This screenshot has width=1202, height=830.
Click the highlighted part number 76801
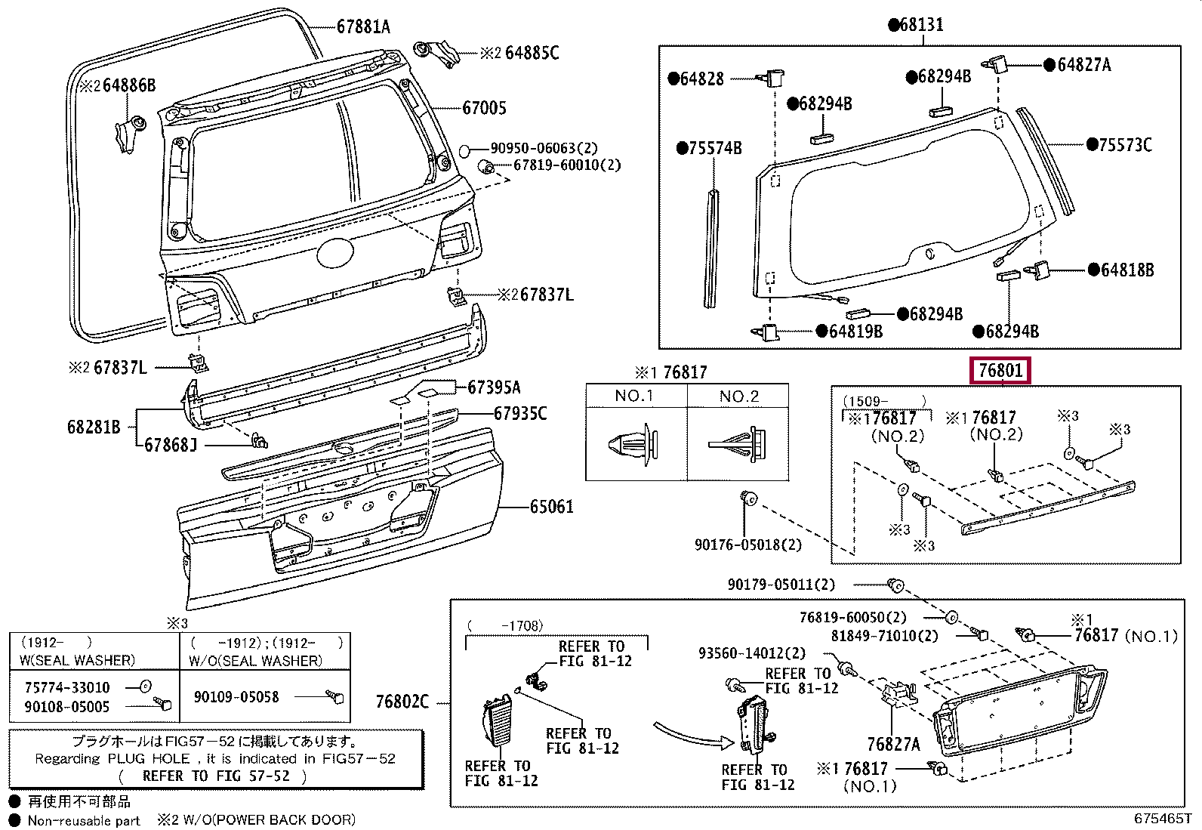click(x=1000, y=370)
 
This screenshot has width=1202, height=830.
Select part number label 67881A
click(x=363, y=26)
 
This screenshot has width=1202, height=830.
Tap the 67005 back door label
click(x=484, y=108)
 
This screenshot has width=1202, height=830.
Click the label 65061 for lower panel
click(x=552, y=506)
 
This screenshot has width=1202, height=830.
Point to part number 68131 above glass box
click(x=922, y=24)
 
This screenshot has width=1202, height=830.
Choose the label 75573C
click(x=1125, y=145)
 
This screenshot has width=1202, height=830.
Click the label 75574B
click(x=715, y=148)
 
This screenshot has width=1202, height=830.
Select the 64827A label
click(x=1084, y=65)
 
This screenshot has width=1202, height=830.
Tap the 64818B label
click(x=1126, y=270)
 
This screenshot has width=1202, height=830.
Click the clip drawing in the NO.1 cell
click(x=633, y=445)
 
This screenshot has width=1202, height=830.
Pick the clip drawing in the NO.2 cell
click(x=738, y=445)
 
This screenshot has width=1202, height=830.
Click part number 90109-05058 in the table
click(x=236, y=697)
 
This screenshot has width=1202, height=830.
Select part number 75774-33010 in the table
click(x=67, y=687)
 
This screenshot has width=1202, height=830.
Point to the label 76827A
click(x=893, y=745)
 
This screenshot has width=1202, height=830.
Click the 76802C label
click(x=402, y=702)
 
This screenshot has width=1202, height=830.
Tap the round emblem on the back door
click(x=335, y=254)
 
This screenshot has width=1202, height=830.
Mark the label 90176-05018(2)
click(x=748, y=545)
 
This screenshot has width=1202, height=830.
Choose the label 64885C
click(x=532, y=53)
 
